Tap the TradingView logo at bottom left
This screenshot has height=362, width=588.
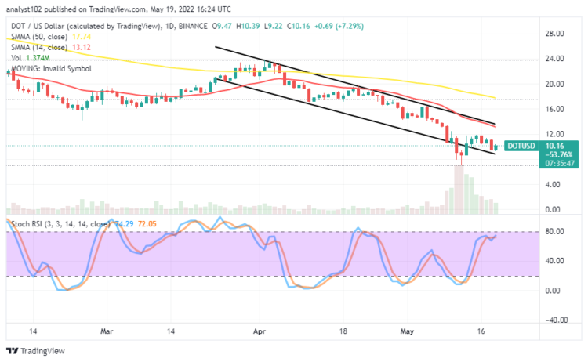pyautogui.click(x=34, y=351)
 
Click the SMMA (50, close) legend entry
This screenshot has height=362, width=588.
pyautogui.click(x=39, y=35)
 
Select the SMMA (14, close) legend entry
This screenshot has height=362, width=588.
pyautogui.click(x=39, y=46)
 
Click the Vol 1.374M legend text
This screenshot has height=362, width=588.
pyautogui.click(x=28, y=58)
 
